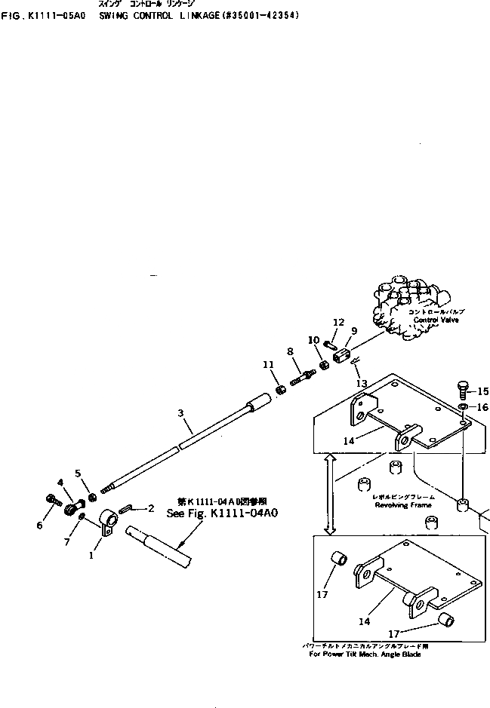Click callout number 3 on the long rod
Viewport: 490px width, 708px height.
180,413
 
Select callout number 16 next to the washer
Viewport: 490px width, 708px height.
483,408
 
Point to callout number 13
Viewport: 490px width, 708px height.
362,384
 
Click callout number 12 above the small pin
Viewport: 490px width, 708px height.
338,323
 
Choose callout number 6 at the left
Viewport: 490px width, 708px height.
39,526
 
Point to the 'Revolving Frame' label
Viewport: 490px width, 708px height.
403,505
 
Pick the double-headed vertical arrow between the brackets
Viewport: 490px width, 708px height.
329,493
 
